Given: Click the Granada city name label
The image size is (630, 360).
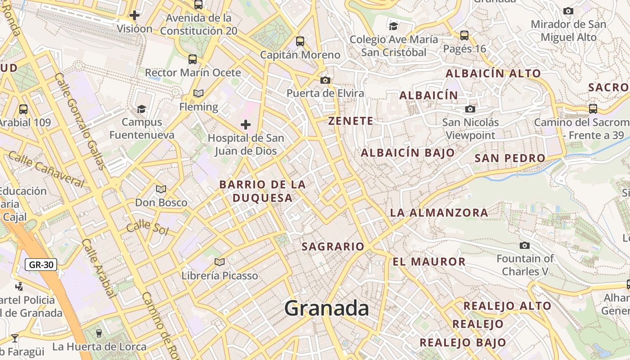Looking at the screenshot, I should coord(327,309).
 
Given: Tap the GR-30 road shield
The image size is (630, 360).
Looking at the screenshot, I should coord(41,265).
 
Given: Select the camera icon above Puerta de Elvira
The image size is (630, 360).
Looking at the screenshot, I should coord(325,81).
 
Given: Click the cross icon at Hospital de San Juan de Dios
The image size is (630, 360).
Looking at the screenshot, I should coord(246,125).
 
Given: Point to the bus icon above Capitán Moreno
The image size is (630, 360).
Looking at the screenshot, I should coord(300,41).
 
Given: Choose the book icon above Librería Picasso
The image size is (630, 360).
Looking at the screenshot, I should coord(220,262).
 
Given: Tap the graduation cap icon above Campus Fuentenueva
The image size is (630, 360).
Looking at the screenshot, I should coord(142,109).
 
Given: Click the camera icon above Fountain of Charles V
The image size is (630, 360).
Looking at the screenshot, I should coord(524,245).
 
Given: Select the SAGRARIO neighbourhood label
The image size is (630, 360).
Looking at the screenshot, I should coord(333,247).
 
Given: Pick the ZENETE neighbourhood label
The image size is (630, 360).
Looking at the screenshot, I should coord(351,121).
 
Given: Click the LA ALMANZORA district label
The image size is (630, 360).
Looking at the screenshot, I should coord(439,213).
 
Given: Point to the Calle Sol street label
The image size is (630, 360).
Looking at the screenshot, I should coord(147,228).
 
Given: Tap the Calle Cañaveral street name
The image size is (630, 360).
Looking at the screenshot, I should coord(46,169).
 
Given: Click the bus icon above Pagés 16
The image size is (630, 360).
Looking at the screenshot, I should coord(464,35).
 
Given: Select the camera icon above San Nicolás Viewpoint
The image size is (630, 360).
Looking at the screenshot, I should coord(470,109).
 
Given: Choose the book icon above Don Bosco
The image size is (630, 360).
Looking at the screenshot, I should coord(161,189).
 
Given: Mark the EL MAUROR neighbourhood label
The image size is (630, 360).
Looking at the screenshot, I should coord(429,262).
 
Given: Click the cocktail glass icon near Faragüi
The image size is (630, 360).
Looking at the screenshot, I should coord(15,338).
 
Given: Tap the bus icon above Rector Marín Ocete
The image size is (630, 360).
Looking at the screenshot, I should coord(193,59).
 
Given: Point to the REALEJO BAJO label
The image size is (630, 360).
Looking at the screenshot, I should coord(463,342).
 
